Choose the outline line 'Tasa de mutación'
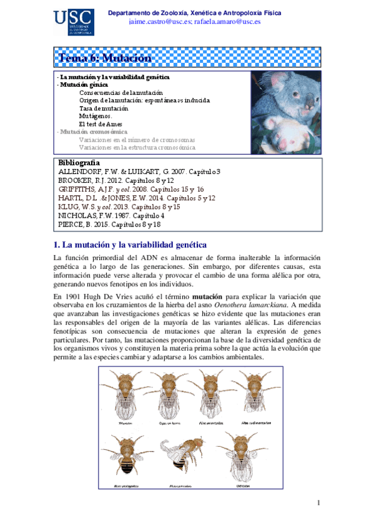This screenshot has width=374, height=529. (x=104, y=108)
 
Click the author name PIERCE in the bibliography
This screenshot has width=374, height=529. (x=71, y=224)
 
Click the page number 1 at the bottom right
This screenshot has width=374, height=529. (x=318, y=503)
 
